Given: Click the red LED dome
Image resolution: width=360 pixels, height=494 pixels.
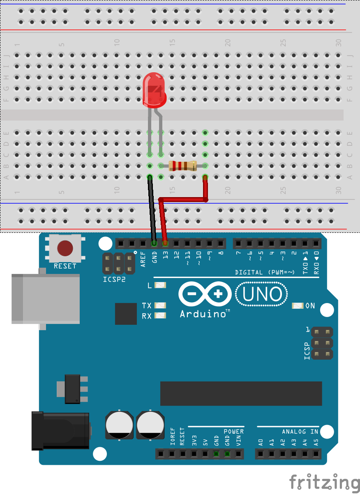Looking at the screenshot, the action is (154, 90).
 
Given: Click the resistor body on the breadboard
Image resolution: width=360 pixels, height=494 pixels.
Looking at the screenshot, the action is (183, 166).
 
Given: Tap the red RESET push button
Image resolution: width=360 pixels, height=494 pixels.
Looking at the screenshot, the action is (65, 248).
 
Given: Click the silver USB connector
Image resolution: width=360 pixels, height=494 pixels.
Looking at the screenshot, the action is (46, 299).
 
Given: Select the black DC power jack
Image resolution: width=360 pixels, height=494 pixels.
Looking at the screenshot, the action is (60, 431).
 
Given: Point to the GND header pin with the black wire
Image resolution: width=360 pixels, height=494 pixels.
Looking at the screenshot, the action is (154, 244).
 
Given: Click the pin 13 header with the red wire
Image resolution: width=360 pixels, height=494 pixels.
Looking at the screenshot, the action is (165, 244).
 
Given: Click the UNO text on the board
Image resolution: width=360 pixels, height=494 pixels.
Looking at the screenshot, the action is (262, 294).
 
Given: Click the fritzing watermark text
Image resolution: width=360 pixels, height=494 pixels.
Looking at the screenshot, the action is (325, 483).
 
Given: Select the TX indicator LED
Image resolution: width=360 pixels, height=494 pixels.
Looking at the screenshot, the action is (160, 306).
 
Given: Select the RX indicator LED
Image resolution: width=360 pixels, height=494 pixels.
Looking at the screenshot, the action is (160, 316).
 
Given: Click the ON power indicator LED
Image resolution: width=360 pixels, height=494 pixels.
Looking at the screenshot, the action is (298, 306).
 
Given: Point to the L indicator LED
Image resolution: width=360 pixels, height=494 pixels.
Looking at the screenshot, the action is (160, 285).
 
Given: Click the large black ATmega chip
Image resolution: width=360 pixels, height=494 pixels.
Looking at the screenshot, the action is (241, 393).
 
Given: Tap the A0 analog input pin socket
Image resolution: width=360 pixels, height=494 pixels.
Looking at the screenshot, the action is (261, 454).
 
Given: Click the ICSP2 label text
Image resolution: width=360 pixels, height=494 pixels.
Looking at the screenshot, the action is (114, 279).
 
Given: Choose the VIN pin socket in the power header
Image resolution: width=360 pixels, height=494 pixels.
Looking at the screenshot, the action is (238, 454).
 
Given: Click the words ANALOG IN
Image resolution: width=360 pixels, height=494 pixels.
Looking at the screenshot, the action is (300, 431).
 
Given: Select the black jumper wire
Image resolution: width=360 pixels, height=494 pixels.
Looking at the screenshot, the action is (152, 209).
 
